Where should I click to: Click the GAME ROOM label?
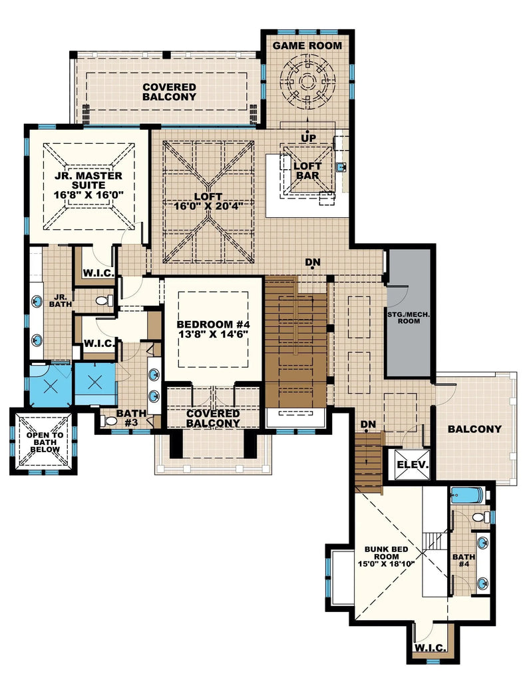coord(307,46)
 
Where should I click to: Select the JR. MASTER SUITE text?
coord(85,182)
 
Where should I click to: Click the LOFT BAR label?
coord(307,171)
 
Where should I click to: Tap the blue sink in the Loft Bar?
coord(341,167)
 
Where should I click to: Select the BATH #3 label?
coord(131,418)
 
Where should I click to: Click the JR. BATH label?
coord(59,300)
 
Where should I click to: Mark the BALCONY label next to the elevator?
coord(474,429)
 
